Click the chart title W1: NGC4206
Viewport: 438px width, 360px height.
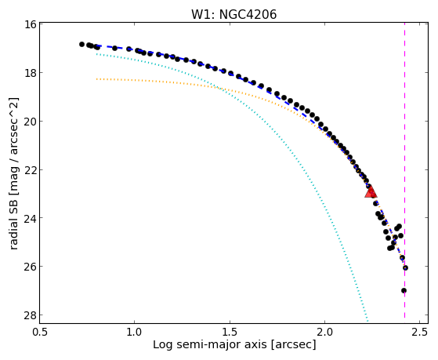point(234,14)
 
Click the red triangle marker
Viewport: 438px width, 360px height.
point(371,192)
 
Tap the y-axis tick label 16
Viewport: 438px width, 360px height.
point(30,24)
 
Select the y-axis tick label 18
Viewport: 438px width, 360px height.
point(30,73)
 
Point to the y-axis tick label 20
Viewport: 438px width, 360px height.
point(30,121)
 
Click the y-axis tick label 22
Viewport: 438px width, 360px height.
point(30,169)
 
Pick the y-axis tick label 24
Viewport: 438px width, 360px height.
point(30,218)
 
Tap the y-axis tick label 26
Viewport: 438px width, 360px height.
point(30,267)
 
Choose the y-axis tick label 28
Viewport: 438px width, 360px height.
point(30,315)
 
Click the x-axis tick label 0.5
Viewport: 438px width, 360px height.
point(40,333)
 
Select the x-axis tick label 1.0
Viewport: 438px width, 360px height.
point(135,333)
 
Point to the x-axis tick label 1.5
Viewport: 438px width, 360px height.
point(230,333)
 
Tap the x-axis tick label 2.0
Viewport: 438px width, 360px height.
point(324,333)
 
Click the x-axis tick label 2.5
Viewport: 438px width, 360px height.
point(420,333)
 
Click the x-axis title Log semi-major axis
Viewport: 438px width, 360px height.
point(210,345)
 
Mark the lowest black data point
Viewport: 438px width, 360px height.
point(404,291)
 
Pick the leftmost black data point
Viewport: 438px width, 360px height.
point(81,44)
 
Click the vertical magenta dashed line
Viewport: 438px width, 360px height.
point(405,170)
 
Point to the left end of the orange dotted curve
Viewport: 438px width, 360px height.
point(96,79)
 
